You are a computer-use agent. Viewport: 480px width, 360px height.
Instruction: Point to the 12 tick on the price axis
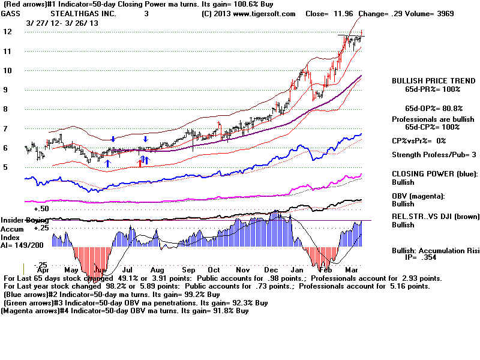(7, 31)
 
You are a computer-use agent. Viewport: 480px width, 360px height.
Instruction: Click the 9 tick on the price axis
(7, 89)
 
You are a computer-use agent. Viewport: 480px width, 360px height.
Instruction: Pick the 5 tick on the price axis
(7, 167)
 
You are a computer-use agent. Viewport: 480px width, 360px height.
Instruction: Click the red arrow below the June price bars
(140, 162)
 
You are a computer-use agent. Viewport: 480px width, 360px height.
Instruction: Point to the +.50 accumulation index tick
(40, 208)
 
